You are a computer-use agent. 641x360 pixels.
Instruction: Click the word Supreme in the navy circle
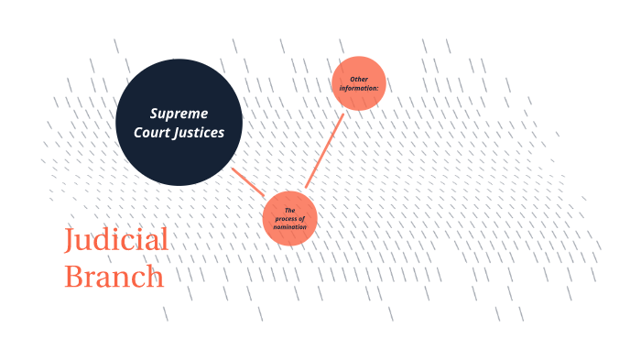179,114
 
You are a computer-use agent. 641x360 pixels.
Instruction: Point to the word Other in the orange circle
359,80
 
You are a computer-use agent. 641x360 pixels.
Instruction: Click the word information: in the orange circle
359,88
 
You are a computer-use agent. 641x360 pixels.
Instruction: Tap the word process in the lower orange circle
289,219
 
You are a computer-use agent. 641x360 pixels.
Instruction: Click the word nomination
289,226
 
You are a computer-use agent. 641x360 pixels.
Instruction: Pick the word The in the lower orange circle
289,212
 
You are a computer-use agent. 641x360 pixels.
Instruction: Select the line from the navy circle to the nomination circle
248,181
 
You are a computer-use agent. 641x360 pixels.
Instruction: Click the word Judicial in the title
116,241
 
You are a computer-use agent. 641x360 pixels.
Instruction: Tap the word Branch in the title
114,276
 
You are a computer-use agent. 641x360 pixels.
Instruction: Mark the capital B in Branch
72,276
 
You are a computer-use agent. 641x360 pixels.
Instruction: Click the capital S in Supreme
155,114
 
